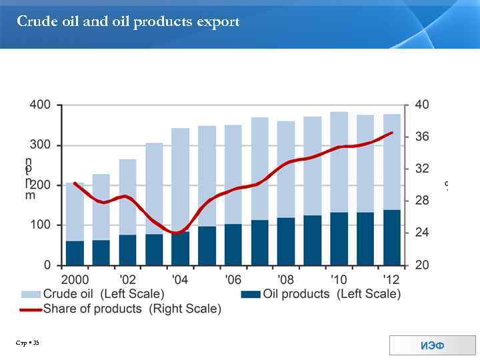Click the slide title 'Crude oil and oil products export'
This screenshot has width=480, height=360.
click(x=128, y=22)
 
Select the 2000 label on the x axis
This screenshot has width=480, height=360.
click(x=75, y=279)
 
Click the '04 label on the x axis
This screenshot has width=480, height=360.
click(x=180, y=279)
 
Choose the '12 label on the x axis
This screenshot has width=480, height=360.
click(x=392, y=279)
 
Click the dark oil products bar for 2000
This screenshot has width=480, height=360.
click(x=75, y=253)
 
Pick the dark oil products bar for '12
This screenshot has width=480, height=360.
click(x=392, y=237)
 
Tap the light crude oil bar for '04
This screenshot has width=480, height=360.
click(x=181, y=180)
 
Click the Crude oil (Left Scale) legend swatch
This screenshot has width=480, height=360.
click(x=31, y=294)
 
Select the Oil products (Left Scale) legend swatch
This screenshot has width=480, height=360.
click(x=251, y=294)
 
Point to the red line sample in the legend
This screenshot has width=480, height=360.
click(x=31, y=309)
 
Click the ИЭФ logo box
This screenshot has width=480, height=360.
click(x=432, y=345)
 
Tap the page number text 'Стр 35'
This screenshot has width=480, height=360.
click(x=28, y=343)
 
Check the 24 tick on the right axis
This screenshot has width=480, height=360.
click(x=421, y=233)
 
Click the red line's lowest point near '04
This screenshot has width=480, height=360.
click(x=176, y=233)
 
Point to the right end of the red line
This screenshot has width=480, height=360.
click(x=392, y=133)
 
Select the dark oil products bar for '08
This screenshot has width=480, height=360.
click(x=286, y=241)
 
